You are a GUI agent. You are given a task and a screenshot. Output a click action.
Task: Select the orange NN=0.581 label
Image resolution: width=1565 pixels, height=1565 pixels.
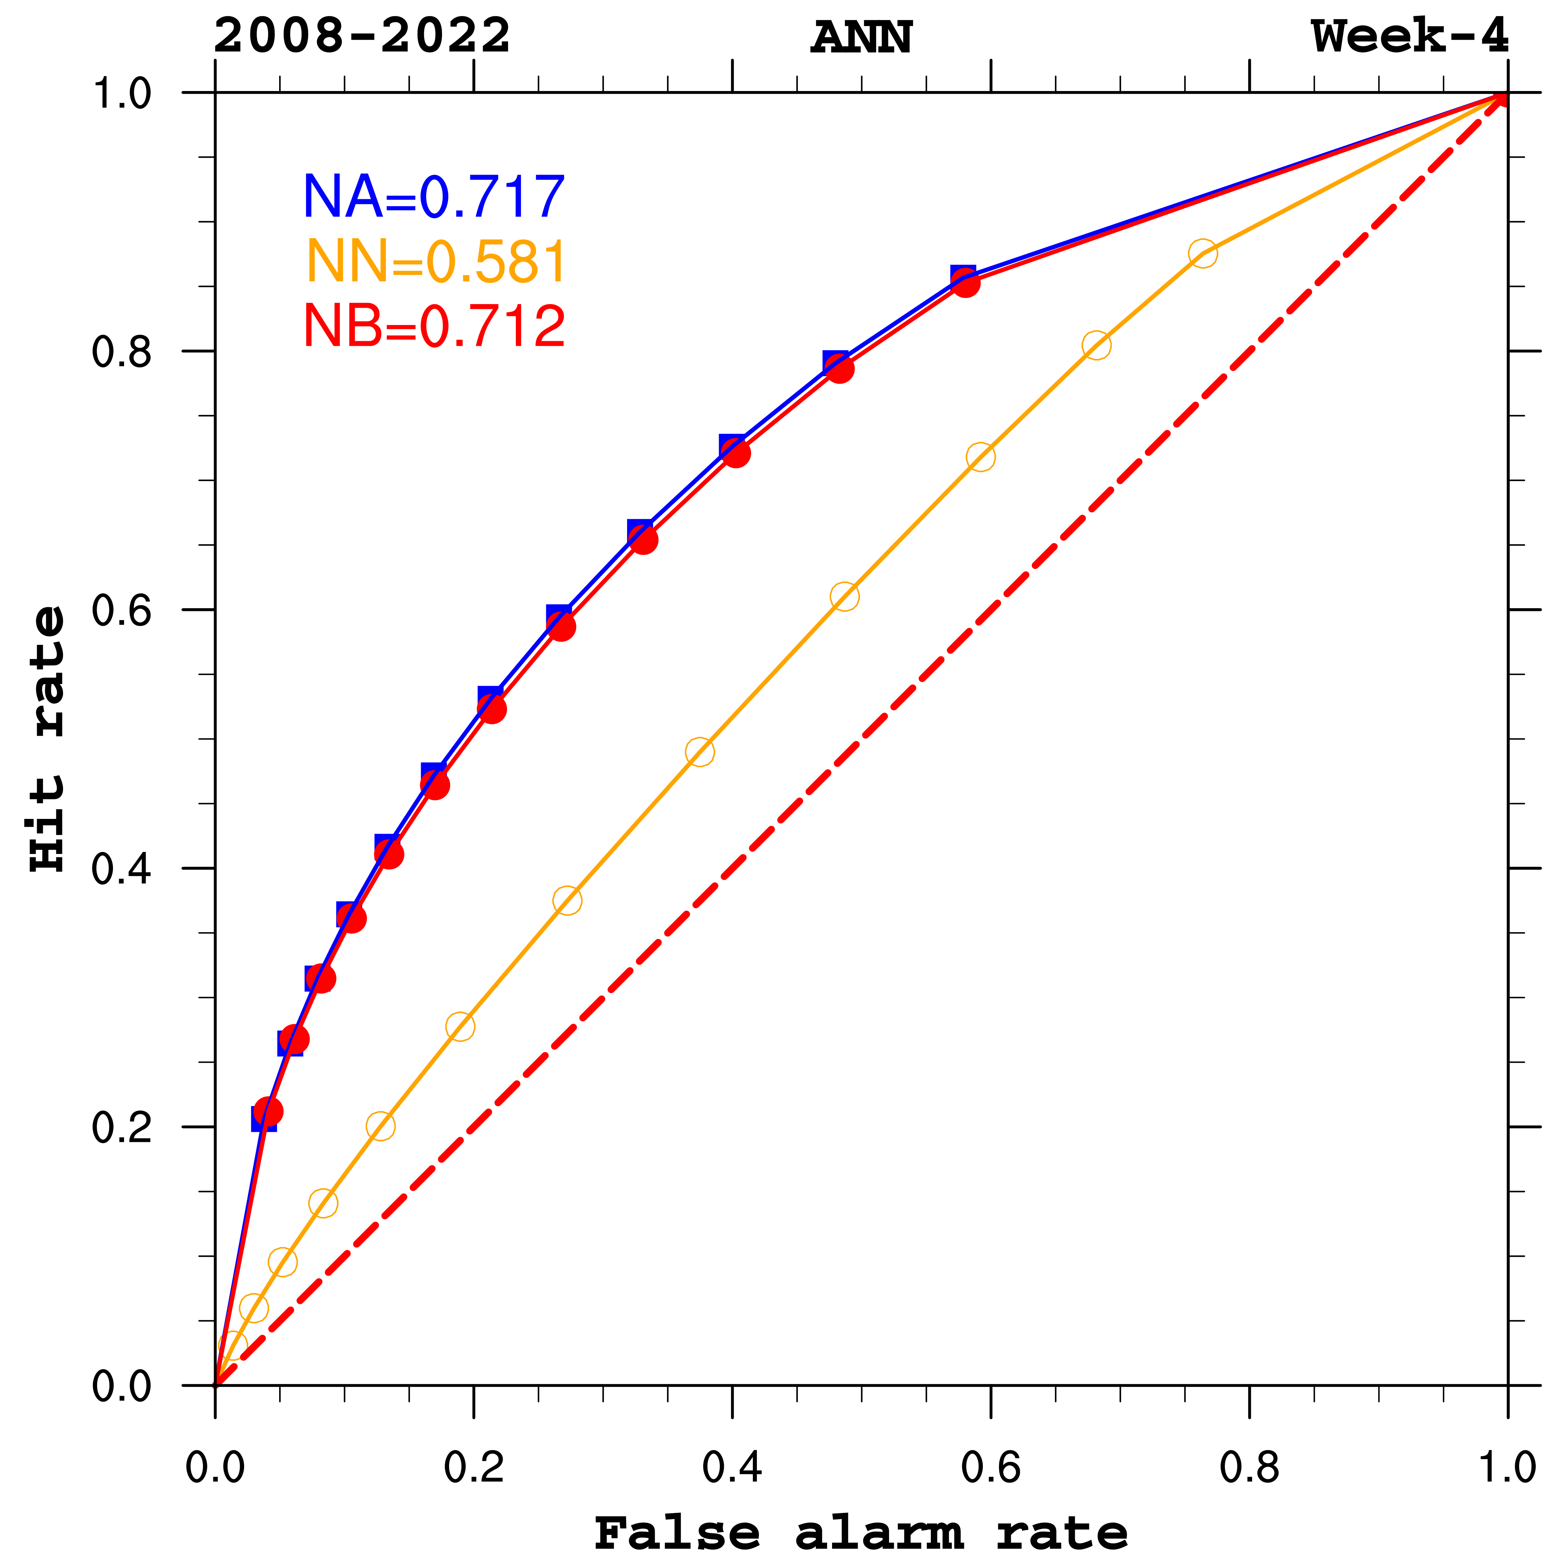pos(436,262)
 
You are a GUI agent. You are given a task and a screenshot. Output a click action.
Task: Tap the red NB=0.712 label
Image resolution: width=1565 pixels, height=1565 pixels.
pos(433,326)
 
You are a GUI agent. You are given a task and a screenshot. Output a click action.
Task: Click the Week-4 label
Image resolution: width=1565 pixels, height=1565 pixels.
pos(1410,36)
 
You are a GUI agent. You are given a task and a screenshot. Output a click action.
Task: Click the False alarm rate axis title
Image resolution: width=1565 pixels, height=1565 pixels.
pos(861,1533)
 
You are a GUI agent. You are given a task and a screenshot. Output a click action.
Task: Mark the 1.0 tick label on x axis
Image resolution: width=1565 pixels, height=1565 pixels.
pos(1507,1468)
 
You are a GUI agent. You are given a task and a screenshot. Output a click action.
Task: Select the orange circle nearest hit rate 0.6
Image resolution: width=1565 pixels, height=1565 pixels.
pos(844,597)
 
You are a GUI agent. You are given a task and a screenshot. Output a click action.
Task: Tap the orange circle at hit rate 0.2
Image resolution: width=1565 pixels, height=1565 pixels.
pos(380,1126)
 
